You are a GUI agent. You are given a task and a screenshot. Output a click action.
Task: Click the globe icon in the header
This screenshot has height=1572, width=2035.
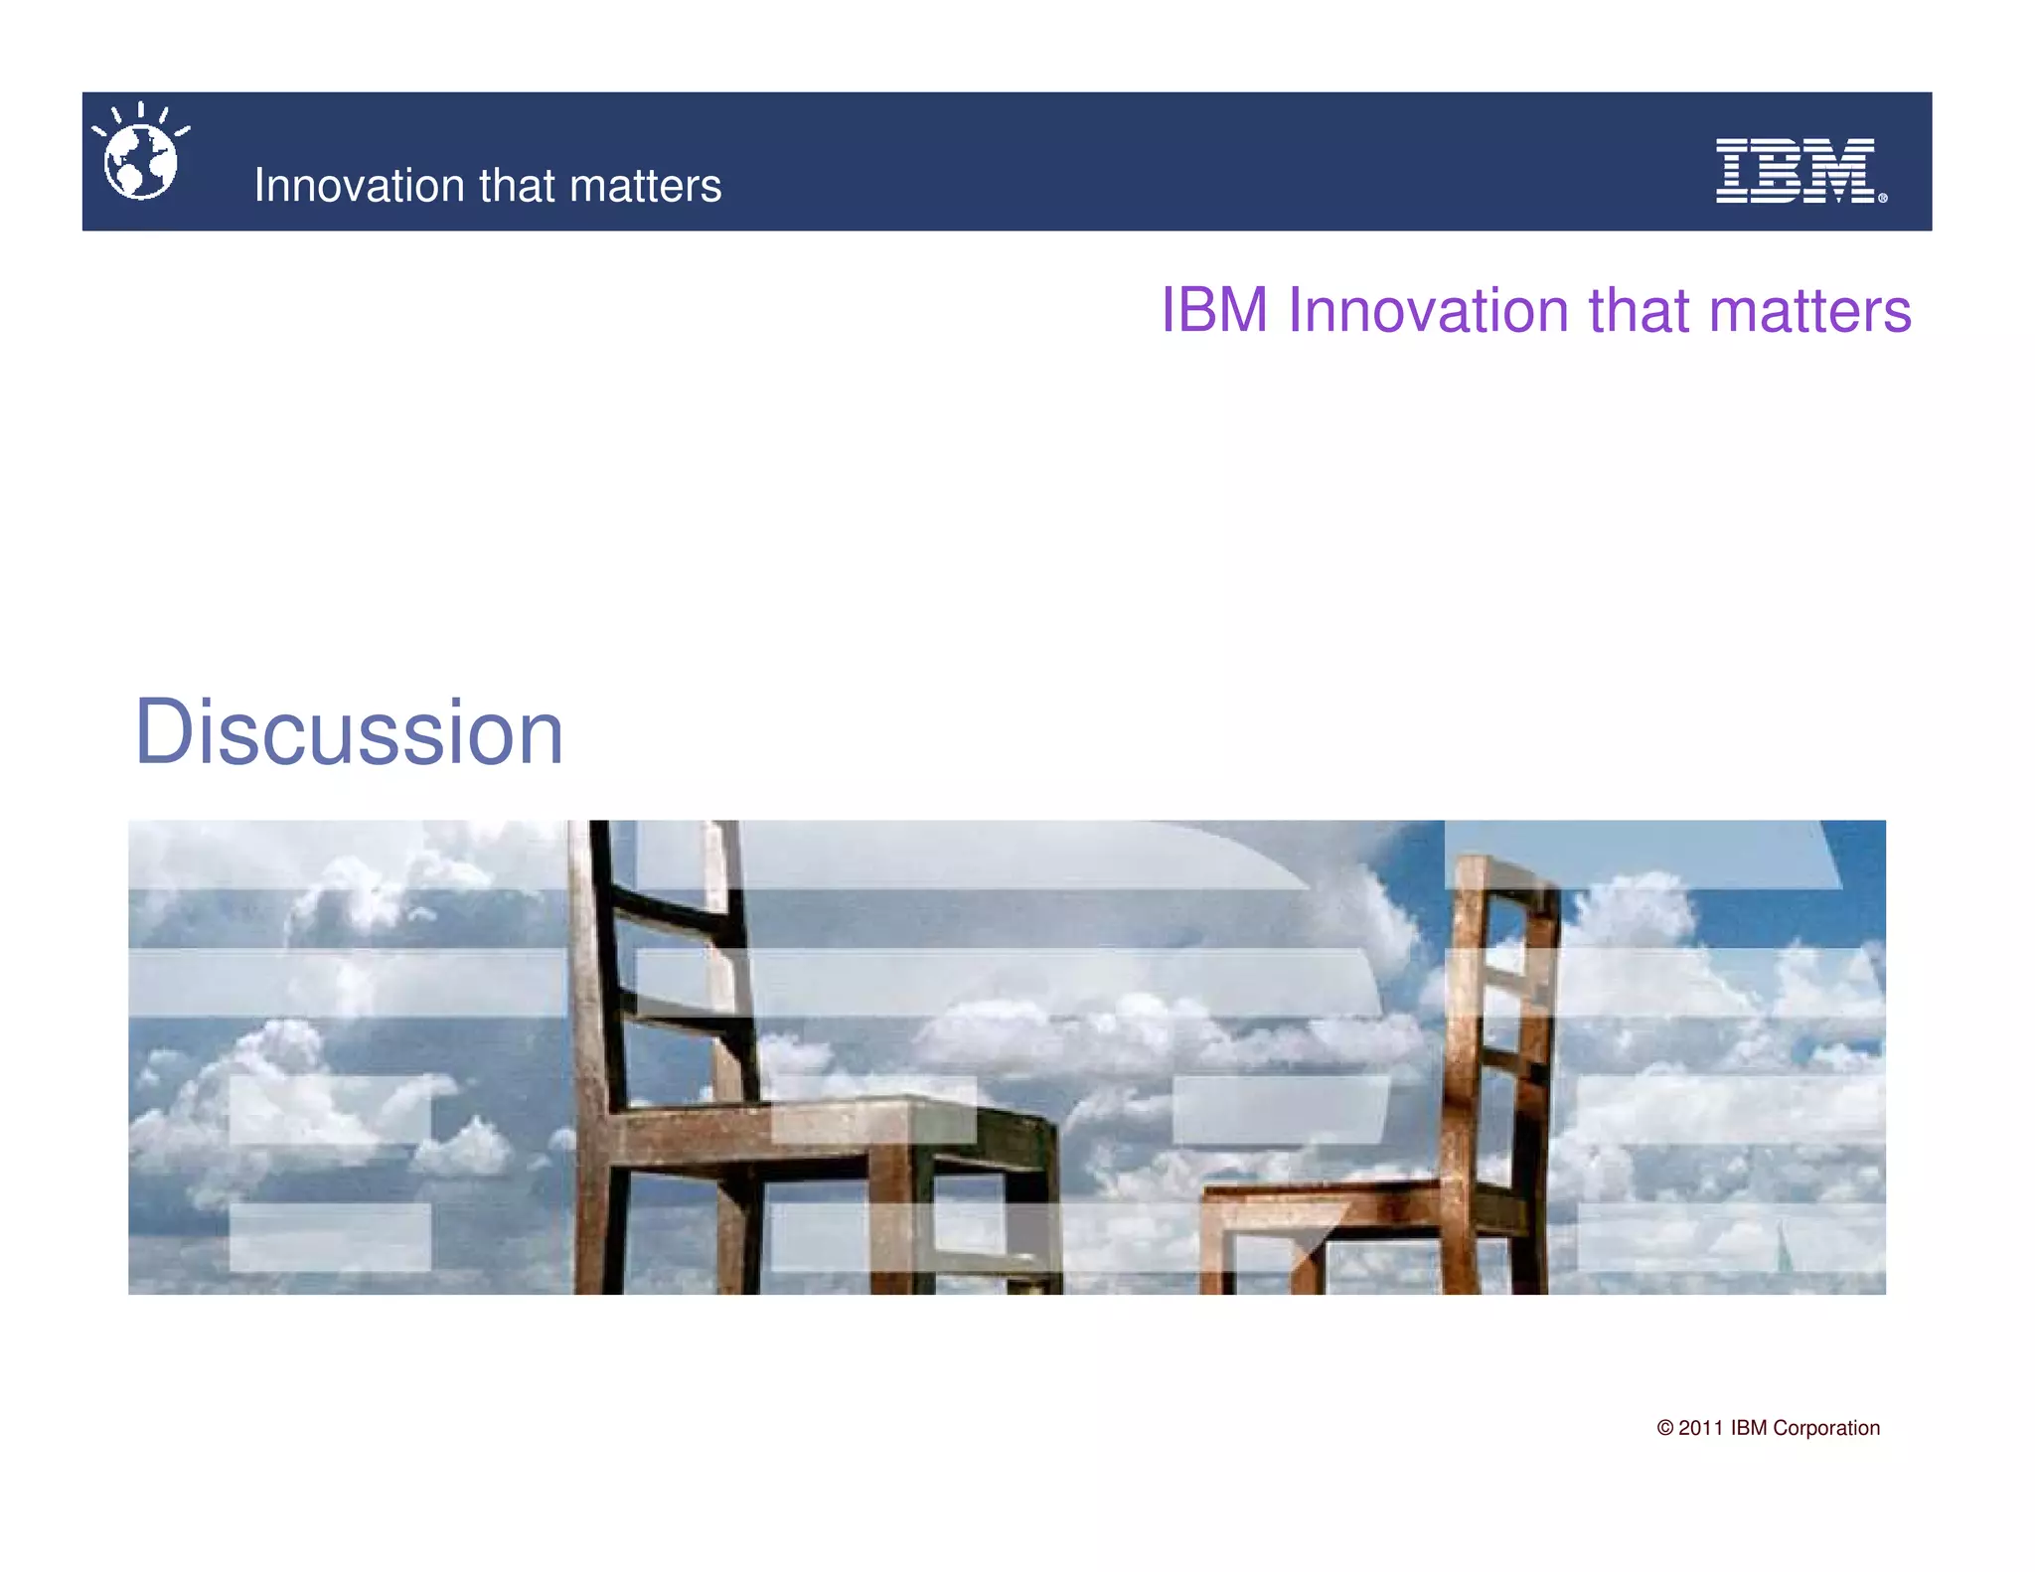pos(140,161)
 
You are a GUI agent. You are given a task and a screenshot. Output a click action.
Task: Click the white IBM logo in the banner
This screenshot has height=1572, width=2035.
pos(1795,171)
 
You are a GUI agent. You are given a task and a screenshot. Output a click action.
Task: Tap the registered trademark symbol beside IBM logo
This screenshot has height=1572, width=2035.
pos(1882,198)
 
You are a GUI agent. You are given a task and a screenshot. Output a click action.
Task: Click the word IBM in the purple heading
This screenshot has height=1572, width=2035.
pos(1214,310)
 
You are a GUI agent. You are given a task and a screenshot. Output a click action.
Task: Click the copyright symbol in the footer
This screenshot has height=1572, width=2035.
pos(1664,1428)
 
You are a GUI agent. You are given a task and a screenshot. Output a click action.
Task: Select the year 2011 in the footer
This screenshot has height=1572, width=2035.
pos(1700,1428)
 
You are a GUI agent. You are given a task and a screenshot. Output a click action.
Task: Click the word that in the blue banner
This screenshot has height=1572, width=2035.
pos(516,186)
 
